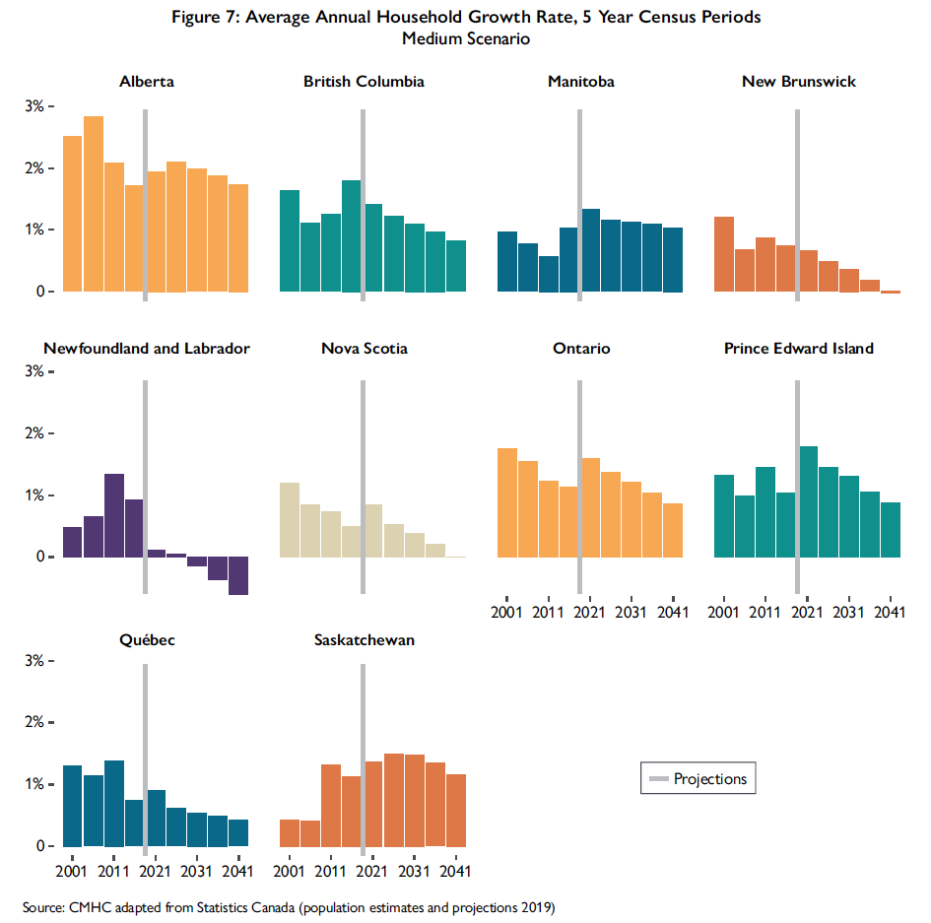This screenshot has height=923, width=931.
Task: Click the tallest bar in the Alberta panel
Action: [94, 204]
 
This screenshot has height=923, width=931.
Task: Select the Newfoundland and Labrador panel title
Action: [147, 349]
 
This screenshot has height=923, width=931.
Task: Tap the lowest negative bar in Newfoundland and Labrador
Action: [238, 575]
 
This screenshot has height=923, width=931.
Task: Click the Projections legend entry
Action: [698, 779]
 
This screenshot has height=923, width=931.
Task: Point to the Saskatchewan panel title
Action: [364, 640]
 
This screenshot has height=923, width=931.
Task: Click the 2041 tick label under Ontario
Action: [673, 613]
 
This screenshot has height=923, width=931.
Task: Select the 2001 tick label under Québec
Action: [72, 872]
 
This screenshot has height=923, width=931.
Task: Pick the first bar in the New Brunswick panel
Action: [724, 254]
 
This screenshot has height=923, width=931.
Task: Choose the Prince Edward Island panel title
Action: [798, 349]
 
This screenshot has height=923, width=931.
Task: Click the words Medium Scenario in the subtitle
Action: [466, 39]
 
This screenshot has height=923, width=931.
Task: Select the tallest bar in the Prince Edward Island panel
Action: [809, 501]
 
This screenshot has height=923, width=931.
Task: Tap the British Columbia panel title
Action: [364, 82]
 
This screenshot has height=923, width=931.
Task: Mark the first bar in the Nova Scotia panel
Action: [290, 519]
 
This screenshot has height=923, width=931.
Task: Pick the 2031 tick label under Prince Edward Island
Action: [848, 613]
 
